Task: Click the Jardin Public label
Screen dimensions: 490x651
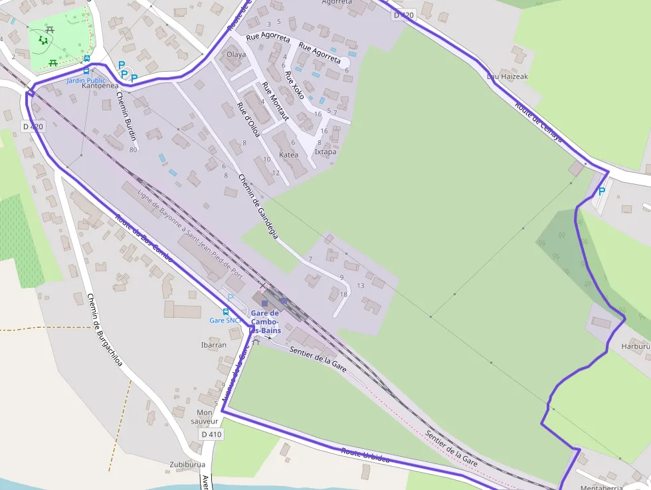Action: [86, 80]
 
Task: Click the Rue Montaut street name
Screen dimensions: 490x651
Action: [275, 101]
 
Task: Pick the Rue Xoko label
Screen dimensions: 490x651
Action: [294, 85]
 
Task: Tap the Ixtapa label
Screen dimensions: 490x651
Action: [325, 152]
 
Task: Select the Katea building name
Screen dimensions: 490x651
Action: [289, 154]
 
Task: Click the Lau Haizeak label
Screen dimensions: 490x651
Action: [508, 76]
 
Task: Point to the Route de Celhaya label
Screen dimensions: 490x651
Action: [538, 122]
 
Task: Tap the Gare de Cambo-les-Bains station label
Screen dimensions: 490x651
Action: [265, 322]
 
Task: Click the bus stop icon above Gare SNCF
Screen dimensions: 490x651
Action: [226, 311]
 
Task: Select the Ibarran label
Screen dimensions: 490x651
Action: [213, 345]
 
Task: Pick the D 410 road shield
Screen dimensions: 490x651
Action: [211, 434]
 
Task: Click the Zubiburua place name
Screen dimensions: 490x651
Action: [187, 465]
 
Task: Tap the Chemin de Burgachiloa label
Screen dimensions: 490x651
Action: [104, 329]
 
